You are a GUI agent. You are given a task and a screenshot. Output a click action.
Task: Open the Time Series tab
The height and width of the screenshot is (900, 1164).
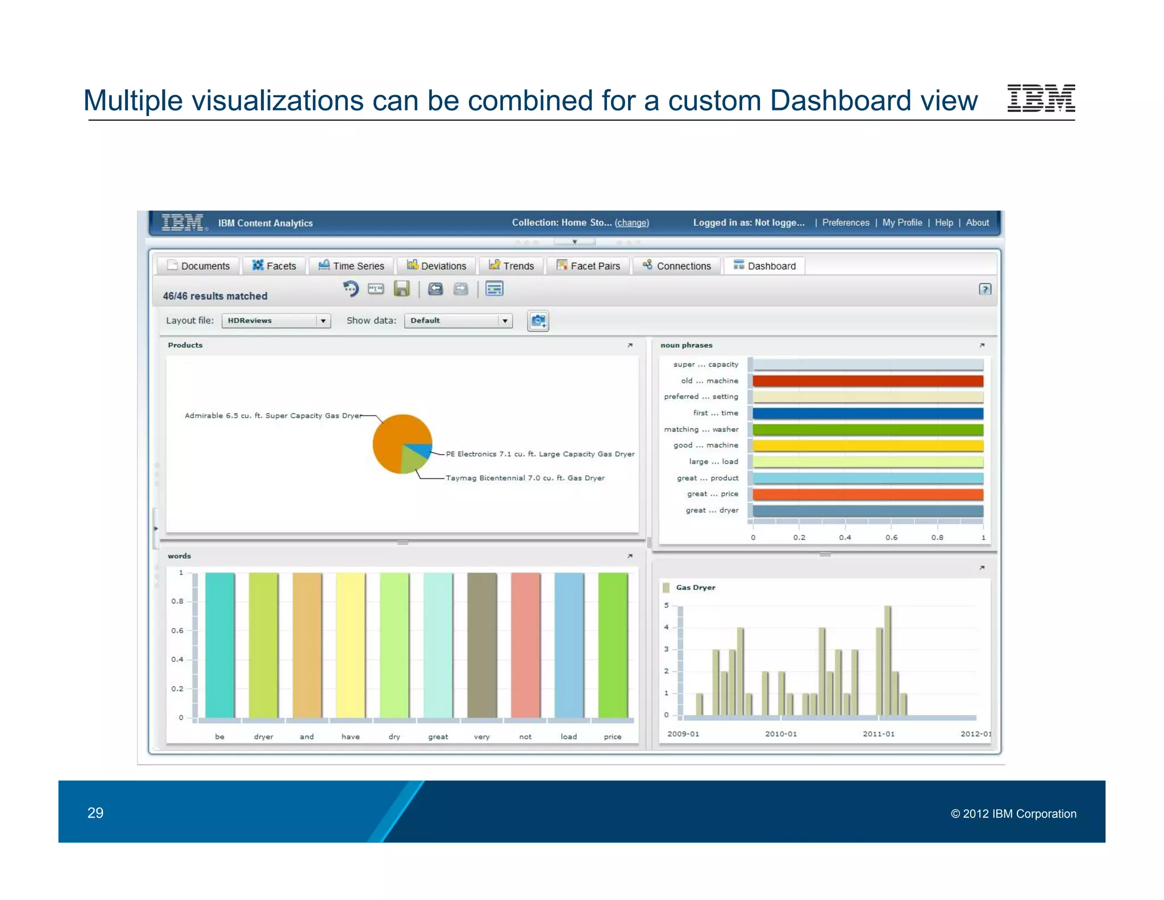pos(352,266)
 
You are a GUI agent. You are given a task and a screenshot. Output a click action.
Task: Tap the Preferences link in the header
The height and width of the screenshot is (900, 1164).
pos(845,222)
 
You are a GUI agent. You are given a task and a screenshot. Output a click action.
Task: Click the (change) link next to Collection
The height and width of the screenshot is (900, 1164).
pos(631,222)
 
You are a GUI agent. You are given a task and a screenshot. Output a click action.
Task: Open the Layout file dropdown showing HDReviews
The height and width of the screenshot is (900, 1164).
pos(276,321)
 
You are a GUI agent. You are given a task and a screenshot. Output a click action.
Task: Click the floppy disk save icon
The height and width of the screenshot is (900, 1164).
pos(401,289)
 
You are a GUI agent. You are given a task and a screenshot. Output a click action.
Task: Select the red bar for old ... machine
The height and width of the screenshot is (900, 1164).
pos(867,381)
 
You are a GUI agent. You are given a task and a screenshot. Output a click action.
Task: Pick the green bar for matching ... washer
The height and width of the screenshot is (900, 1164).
pos(867,430)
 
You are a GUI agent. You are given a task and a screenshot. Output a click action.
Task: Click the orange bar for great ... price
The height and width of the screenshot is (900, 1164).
pos(867,494)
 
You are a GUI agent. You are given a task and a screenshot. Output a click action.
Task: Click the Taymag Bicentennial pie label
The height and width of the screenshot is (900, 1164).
pos(525,478)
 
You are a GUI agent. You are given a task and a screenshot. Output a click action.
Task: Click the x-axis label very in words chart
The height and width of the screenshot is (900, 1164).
pos(481,737)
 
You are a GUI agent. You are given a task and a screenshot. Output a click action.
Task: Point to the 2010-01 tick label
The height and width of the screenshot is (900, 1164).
pos(780,734)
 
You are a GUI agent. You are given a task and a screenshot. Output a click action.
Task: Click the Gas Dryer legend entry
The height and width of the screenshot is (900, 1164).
pos(695,588)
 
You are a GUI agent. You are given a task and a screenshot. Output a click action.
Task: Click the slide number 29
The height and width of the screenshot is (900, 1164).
pos(95,812)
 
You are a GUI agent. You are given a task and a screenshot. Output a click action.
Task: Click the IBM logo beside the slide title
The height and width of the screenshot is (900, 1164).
pos(1041,98)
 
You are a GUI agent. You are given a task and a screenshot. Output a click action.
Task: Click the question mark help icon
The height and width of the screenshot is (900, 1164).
pos(985,289)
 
